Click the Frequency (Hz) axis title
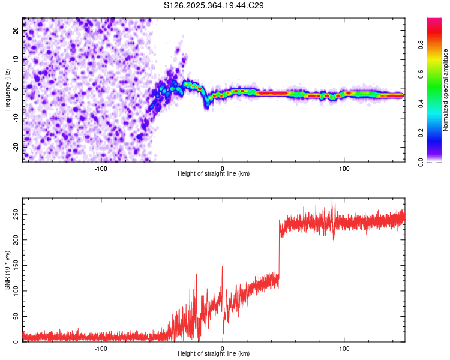pyautogui.click(x=8, y=89)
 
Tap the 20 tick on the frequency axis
pyautogui.click(x=16, y=32)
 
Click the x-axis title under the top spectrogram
pyautogui.click(x=214, y=173)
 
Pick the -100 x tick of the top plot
pyautogui.click(x=101, y=167)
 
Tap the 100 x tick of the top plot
pyautogui.click(x=344, y=167)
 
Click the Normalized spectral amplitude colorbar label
pyautogui.click(x=446, y=90)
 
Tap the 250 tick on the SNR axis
pyautogui.click(x=14, y=214)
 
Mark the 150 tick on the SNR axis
pyautogui.click(x=14, y=265)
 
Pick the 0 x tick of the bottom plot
pyautogui.click(x=223, y=348)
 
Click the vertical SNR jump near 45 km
pyautogui.click(x=279, y=252)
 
